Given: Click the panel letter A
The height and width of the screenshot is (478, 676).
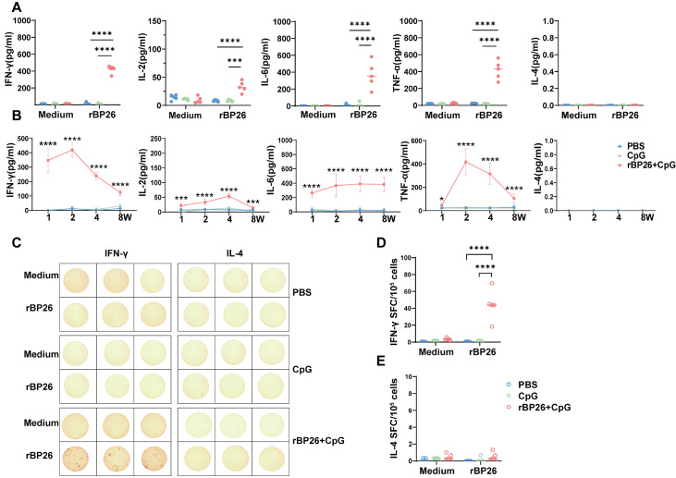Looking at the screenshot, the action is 17,7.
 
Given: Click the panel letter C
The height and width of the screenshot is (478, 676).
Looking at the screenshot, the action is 17,242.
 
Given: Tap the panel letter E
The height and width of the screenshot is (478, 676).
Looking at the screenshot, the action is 381,361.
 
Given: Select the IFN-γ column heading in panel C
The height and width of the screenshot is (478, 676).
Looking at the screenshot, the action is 116,254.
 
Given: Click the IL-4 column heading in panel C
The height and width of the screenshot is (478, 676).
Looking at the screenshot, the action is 233,254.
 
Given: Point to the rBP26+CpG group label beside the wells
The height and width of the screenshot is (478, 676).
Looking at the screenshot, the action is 318,440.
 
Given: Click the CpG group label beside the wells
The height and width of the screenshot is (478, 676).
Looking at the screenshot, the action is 302,370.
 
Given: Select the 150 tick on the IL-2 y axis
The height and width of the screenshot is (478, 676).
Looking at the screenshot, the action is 153,20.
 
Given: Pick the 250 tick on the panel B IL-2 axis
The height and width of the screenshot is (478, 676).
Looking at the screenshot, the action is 155,140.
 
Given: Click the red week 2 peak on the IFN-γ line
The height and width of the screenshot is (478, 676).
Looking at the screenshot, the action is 73,150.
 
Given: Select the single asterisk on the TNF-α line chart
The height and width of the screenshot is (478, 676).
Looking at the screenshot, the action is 441,187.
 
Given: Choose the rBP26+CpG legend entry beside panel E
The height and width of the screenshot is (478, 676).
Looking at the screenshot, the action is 538,407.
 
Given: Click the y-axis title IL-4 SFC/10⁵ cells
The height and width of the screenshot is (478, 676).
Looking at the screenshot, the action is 396,419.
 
